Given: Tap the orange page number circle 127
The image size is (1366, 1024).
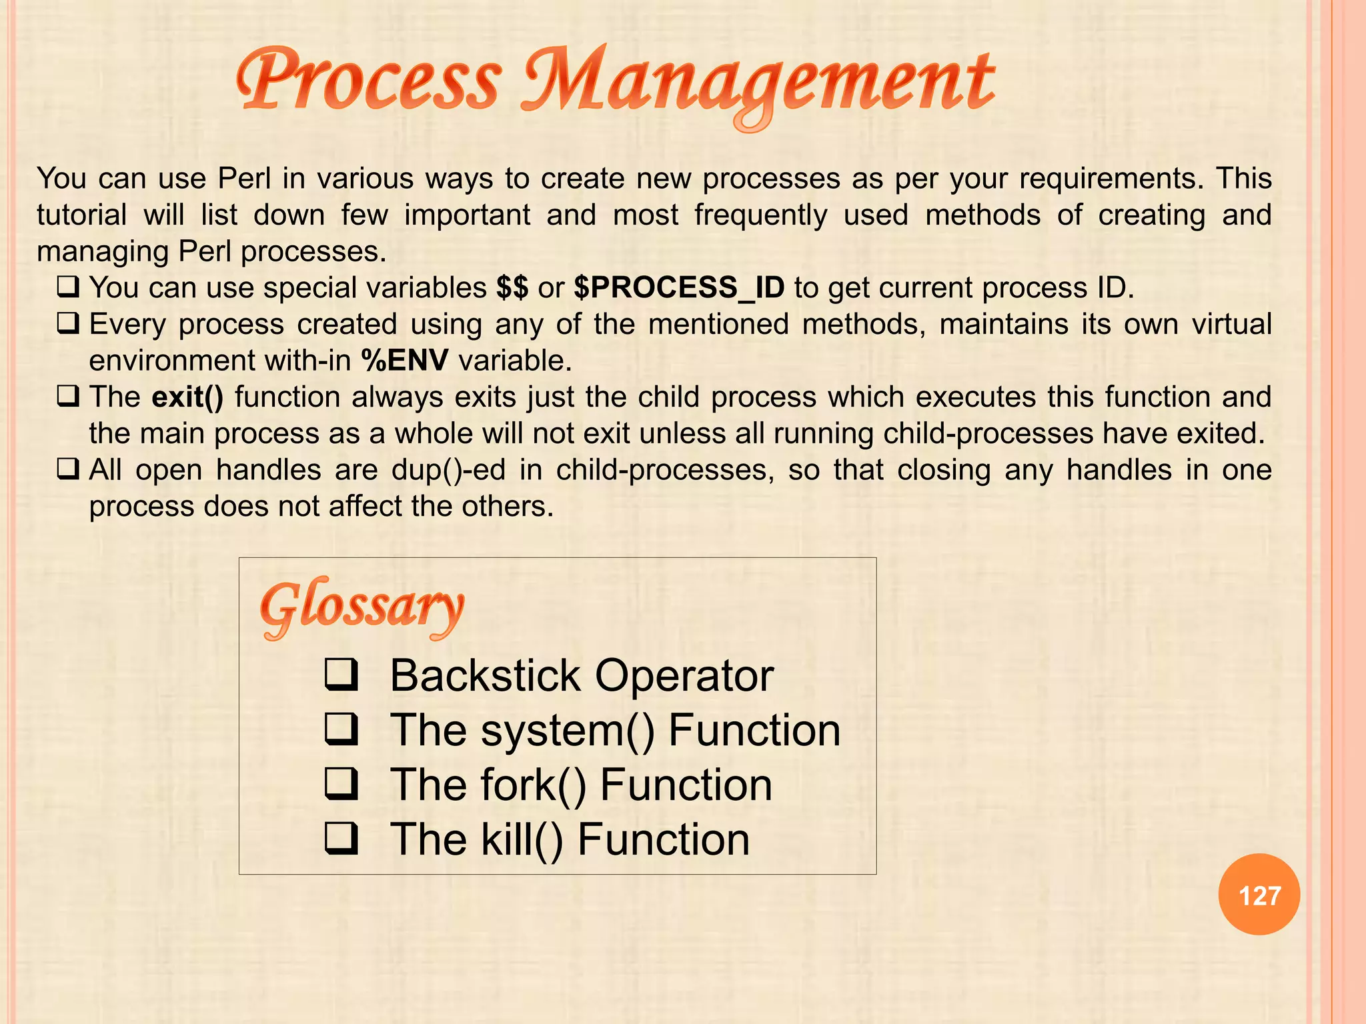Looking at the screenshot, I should [x=1259, y=895].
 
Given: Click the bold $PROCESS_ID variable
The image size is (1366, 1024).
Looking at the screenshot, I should [x=679, y=288].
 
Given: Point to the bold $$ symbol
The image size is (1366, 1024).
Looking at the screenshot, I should [x=512, y=288].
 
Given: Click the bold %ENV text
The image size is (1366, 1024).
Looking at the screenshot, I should [x=405, y=361].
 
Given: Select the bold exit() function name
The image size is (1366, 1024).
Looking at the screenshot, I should [x=187, y=397].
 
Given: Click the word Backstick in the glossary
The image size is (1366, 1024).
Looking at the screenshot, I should [x=485, y=676].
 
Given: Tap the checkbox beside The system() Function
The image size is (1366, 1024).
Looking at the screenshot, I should [x=341, y=729].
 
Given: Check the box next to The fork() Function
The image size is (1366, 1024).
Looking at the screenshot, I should [x=341, y=784].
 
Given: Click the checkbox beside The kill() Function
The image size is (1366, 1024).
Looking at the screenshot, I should [x=341, y=839].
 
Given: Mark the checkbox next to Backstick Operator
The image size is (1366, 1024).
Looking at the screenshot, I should [x=341, y=675].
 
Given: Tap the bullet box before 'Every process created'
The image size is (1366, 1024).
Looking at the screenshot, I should [x=68, y=324].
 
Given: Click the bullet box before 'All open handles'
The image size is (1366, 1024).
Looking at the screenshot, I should [x=68, y=470].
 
